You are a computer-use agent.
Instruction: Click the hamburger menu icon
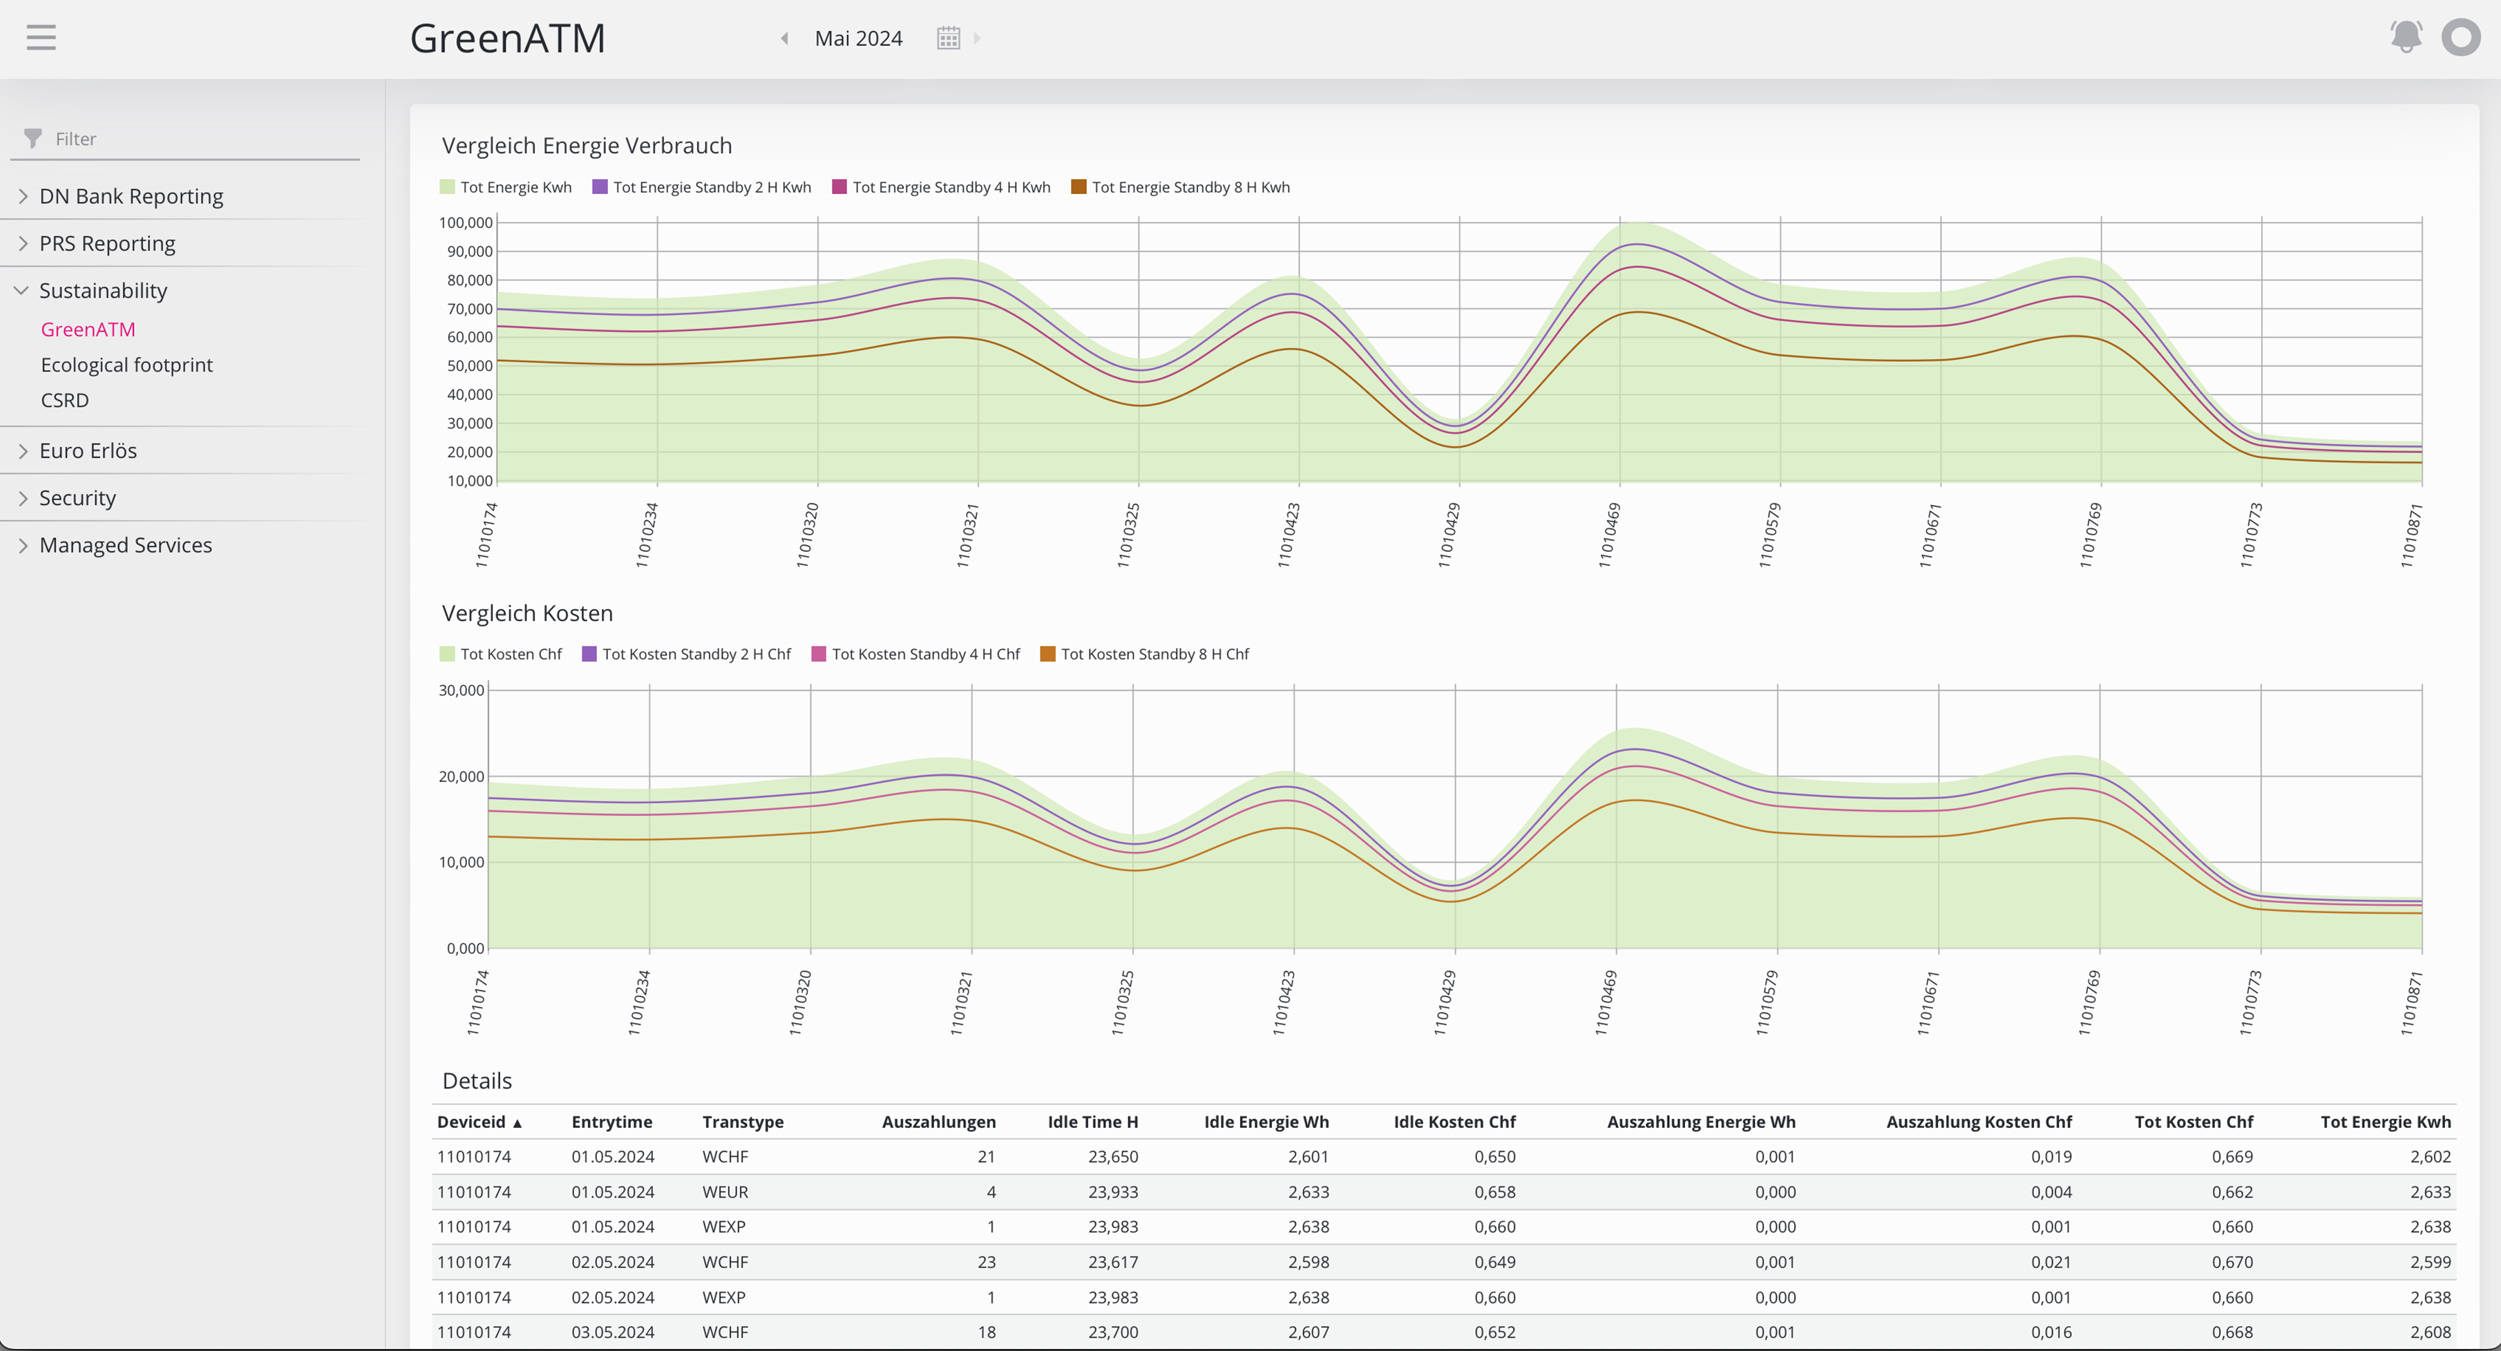pos(41,38)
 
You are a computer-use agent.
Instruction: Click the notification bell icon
pos(2405,37)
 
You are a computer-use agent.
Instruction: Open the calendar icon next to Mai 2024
pos(948,38)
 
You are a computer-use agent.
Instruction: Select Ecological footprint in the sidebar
pos(126,365)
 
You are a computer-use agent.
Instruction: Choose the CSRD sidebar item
pos(65,400)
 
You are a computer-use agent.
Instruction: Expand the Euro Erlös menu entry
pos(87,450)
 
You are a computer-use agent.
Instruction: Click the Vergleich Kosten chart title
pos(527,613)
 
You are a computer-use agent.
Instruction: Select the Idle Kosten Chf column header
pos(1454,1122)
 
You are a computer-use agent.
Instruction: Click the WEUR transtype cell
pos(725,1192)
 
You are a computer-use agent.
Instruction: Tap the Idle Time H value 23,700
pos(1112,1332)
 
